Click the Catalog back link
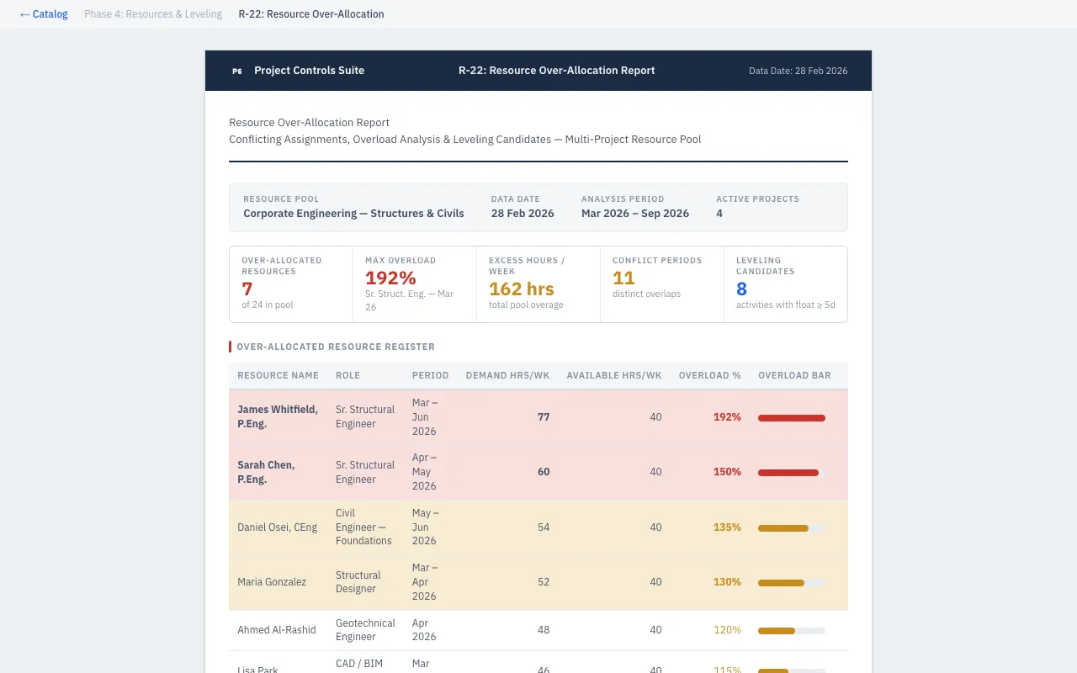(x=44, y=14)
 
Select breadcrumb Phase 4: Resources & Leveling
(x=153, y=14)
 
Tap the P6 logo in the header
(x=236, y=72)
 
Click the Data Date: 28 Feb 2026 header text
(x=798, y=72)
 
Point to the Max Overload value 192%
(x=390, y=278)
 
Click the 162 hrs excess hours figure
(x=521, y=289)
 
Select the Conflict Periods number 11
(x=623, y=278)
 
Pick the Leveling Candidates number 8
(x=741, y=289)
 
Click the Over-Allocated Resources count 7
(x=247, y=289)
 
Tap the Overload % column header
(x=709, y=375)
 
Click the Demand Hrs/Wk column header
(x=507, y=375)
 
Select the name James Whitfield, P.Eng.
(x=278, y=416)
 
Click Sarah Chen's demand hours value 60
(x=544, y=472)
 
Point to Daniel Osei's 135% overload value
(x=727, y=527)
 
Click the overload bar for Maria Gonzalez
(x=791, y=582)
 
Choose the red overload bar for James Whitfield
(x=791, y=417)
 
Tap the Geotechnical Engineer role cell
(x=365, y=630)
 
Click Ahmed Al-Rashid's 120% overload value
(x=727, y=630)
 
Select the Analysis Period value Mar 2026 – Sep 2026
(x=634, y=214)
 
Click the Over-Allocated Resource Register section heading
(x=336, y=347)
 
